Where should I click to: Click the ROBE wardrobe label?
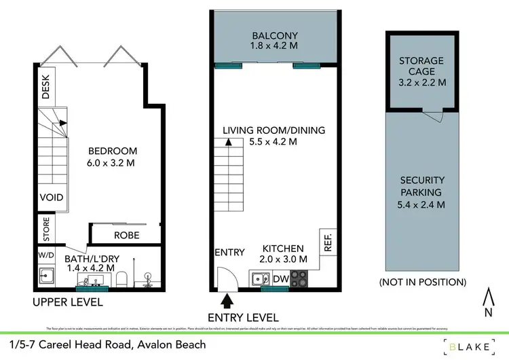click(126, 235)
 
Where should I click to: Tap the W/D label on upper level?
click(46, 256)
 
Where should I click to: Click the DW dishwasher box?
click(280, 278)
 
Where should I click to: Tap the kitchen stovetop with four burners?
click(299, 278)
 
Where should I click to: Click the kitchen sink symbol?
click(260, 278)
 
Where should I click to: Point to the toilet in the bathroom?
click(122, 278)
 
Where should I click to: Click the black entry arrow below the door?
click(226, 299)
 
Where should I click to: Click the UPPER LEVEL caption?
click(68, 302)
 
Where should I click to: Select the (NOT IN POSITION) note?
click(421, 281)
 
